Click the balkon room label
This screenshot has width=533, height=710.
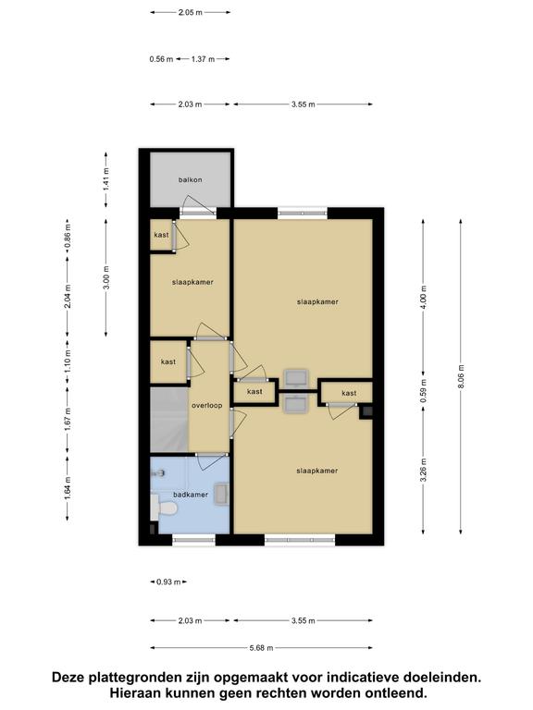190,179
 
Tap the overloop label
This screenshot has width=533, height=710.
206,405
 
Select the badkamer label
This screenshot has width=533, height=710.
191,495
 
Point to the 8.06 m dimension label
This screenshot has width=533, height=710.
461,376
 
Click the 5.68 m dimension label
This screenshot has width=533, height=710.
261,648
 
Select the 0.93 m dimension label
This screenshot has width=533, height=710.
168,581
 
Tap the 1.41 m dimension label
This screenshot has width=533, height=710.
106,179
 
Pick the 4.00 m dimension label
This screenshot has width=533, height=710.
423,298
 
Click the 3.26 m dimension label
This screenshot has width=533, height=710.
423,471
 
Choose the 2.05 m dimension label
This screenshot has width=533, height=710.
191,13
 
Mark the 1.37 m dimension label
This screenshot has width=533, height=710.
203,59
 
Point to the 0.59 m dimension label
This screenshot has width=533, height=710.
423,391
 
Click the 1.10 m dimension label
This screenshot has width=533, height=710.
68,361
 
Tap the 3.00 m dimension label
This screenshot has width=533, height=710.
106,277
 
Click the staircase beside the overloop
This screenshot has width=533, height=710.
169,419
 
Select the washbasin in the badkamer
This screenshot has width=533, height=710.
221,494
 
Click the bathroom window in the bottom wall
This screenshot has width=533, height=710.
194,540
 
